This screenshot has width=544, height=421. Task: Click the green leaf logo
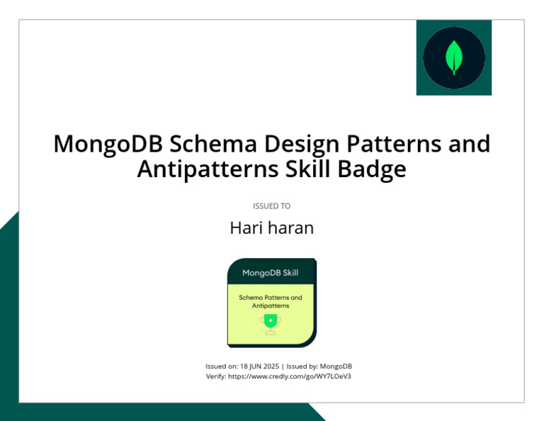tap(454, 57)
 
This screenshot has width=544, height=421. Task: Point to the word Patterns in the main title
tap(394, 144)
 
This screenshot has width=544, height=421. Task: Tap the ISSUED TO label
tap(272, 206)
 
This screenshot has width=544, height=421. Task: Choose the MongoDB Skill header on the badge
tap(271, 272)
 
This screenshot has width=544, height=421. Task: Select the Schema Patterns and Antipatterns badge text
tap(271, 301)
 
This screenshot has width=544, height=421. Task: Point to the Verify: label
tap(215, 376)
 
